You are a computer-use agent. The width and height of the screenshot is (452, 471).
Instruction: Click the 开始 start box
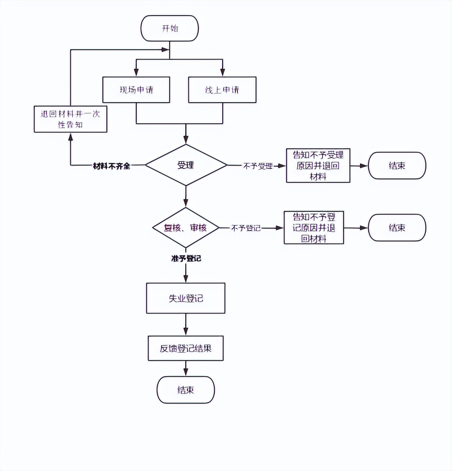(170, 28)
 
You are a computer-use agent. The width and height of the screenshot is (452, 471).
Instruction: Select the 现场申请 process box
(136, 90)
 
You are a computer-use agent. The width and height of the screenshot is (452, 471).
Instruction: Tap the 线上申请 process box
(222, 90)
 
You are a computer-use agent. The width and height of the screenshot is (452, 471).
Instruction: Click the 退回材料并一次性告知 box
(70, 119)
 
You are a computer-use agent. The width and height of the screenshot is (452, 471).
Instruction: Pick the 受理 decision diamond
(186, 165)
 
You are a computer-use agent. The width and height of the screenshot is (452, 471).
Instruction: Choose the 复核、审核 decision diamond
(185, 228)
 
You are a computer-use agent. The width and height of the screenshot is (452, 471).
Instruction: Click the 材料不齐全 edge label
(112, 166)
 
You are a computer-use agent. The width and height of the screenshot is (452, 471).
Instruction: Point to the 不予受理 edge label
(258, 166)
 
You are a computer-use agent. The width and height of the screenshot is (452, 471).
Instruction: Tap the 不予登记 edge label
(246, 228)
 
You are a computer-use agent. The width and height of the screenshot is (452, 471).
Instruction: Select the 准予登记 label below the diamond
(186, 259)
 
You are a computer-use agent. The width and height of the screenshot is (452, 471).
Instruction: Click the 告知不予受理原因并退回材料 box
(318, 166)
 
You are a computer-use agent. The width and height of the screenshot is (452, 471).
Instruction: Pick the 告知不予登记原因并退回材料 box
(314, 228)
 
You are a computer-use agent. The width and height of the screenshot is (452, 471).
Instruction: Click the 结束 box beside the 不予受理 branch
(397, 166)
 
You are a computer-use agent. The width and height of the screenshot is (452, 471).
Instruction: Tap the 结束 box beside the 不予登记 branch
(397, 228)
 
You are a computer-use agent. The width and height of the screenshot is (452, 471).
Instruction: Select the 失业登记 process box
(186, 298)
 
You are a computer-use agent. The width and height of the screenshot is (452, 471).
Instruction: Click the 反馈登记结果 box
(186, 348)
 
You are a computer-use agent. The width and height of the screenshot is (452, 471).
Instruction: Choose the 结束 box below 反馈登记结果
(186, 390)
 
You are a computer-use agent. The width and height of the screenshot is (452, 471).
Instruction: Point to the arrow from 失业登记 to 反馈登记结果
(186, 324)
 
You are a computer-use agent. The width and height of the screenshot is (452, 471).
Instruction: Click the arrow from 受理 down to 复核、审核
(186, 196)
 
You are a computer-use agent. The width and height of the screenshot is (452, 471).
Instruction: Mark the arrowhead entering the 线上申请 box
(222, 73)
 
